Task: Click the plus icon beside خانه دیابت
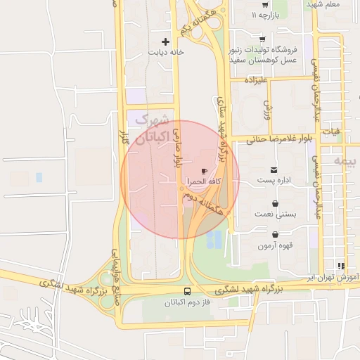point(166,41)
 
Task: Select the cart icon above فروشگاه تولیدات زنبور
point(262,39)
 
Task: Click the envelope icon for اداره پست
point(274,170)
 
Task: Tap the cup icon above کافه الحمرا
point(204,171)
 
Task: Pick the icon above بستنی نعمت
point(274,202)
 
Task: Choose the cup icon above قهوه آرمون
point(274,235)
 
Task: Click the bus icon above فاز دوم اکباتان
point(187,291)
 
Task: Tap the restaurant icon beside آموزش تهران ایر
point(341,266)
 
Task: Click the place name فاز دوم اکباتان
point(168,302)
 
